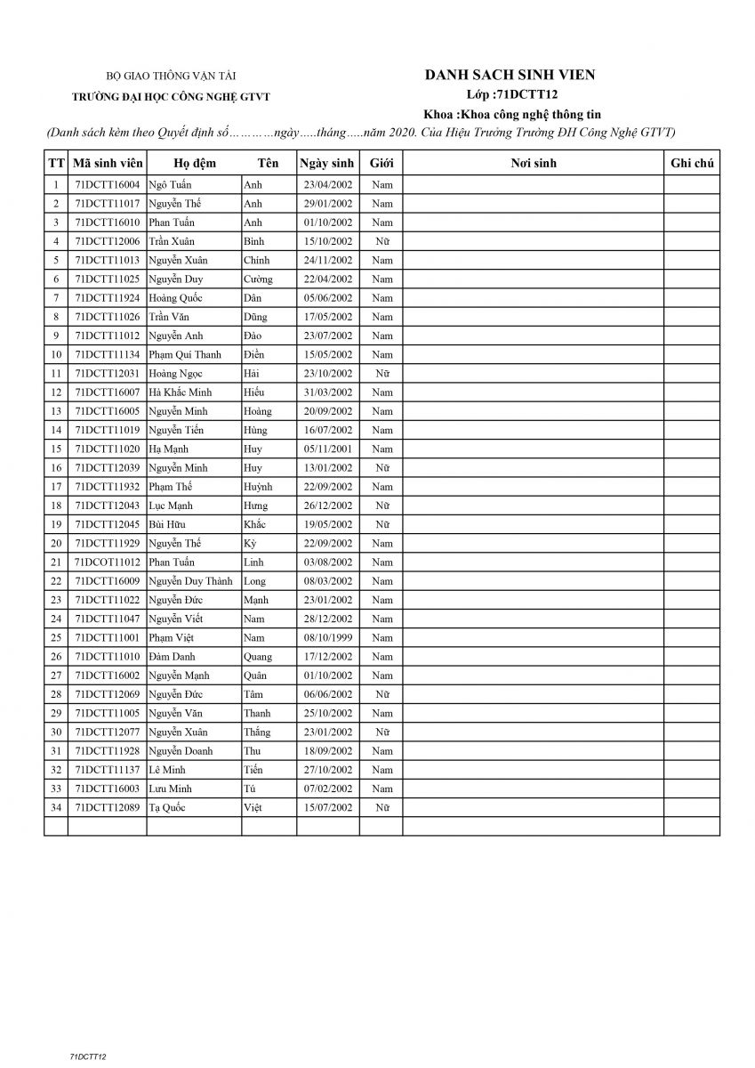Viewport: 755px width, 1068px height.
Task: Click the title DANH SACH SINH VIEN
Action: (510, 76)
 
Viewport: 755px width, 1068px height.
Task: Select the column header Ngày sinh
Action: (327, 164)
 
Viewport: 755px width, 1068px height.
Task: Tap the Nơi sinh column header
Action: (534, 164)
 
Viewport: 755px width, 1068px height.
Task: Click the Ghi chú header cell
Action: (692, 164)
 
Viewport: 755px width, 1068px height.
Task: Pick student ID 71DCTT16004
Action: (108, 185)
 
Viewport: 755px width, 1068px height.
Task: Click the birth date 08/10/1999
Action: (327, 638)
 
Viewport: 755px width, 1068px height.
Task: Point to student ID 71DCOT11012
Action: (108, 562)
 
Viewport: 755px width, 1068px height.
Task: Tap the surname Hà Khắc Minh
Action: (181, 392)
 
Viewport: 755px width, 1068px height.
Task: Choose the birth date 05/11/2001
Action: (327, 449)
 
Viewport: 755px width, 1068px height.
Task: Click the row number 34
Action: (56, 808)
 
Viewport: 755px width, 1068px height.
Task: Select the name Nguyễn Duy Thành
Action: (190, 581)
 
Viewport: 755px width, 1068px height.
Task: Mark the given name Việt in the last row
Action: (253, 808)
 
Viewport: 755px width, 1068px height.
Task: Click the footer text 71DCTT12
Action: (88, 1056)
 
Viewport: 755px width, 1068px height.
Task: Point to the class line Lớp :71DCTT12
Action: (510, 94)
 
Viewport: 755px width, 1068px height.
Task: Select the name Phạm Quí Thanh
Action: (185, 355)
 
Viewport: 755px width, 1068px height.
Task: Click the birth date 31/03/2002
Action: (327, 392)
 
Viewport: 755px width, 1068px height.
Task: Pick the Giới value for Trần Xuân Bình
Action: (382, 242)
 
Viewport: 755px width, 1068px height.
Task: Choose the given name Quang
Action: (258, 657)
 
